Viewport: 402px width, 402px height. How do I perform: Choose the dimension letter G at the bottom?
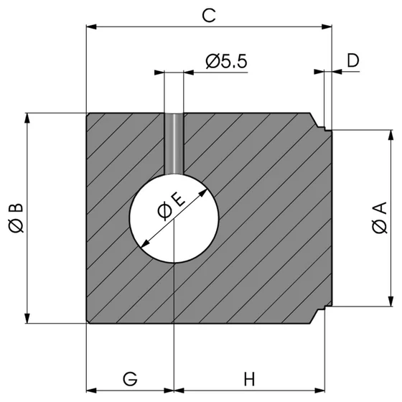[129, 378]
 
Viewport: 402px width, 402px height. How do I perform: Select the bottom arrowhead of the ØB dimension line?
[28, 319]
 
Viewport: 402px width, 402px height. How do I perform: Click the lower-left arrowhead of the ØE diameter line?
[146, 243]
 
